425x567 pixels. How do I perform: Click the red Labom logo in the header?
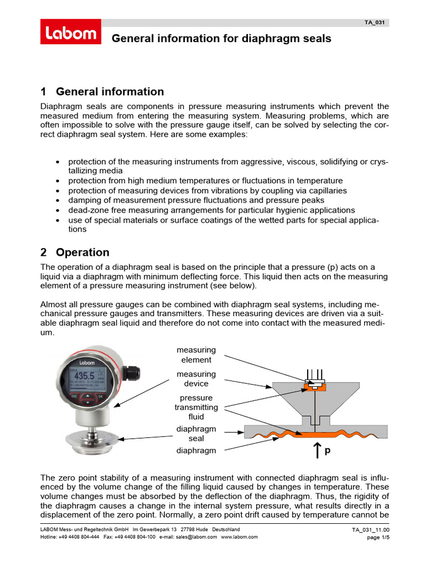70,32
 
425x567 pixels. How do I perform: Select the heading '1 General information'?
102,92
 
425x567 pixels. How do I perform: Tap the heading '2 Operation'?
75,252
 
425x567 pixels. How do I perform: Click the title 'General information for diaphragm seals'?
221,39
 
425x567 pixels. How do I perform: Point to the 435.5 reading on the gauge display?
84,376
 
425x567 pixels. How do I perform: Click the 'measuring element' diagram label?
196,354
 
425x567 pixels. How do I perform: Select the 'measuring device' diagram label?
196,379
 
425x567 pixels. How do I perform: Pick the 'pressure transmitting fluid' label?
196,407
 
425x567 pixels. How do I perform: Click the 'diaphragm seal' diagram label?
196,434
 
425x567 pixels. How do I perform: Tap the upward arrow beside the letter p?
317,451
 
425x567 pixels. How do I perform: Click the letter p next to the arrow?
327,451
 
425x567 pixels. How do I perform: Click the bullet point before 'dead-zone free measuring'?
59,210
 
